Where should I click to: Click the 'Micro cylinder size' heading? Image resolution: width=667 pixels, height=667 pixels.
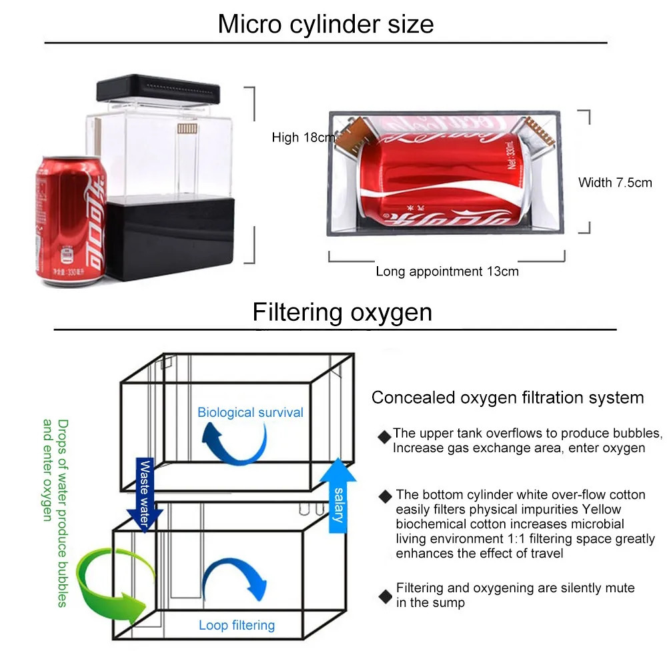(x=325, y=24)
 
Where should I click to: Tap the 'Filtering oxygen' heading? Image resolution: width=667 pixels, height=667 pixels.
(x=342, y=312)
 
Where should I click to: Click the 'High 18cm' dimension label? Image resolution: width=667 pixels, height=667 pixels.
(x=303, y=138)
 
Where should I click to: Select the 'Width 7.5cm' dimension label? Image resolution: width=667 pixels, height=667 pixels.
(x=615, y=182)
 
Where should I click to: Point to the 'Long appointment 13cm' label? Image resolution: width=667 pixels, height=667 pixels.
(x=447, y=271)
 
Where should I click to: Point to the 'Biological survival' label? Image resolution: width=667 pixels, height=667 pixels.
(x=250, y=412)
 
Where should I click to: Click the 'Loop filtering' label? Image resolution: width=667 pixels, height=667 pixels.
(x=237, y=626)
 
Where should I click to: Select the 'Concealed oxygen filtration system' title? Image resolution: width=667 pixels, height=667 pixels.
(x=508, y=398)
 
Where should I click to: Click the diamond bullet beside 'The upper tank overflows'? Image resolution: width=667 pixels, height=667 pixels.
(x=384, y=438)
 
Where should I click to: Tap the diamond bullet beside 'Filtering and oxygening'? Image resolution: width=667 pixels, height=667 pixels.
(x=385, y=596)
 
